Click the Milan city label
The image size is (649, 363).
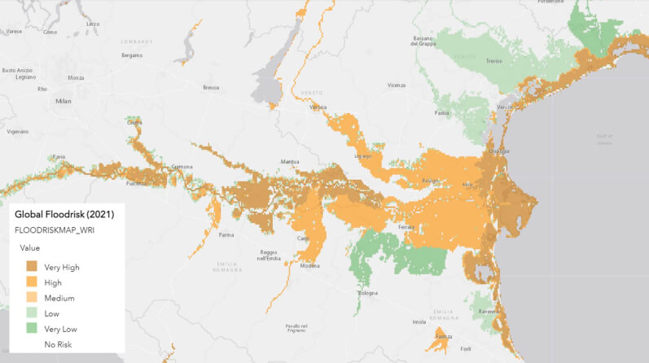click(63, 101)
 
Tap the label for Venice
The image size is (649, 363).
click(504, 107)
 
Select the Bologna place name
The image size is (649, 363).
click(368, 293)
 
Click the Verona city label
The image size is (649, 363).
click(318, 107)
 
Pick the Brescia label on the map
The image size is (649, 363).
click(211, 87)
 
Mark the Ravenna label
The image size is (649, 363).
click(489, 312)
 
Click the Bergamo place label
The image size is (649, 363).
click(131, 55)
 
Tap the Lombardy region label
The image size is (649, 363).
click(136, 41)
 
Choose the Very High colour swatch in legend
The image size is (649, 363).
click(32, 266)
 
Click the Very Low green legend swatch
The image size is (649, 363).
click(32, 329)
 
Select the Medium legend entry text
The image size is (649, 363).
click(59, 298)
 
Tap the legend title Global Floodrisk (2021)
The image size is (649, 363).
click(64, 214)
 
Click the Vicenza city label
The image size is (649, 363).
click(397, 85)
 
